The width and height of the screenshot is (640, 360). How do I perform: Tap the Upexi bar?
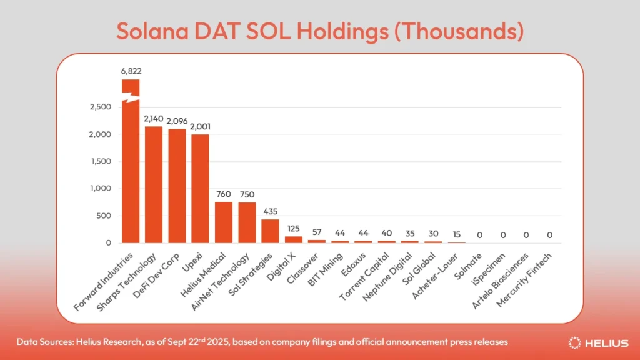coord(200,188)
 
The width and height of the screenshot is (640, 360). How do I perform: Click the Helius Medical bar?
coord(224,222)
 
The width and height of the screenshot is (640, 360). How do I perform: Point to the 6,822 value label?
coord(131,71)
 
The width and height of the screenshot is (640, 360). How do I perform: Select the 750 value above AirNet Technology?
coord(247,194)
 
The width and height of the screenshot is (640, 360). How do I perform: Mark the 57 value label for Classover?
coord(316,232)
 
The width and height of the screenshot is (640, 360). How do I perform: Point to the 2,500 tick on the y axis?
coord(99,107)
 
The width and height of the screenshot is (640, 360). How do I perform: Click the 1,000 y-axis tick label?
coord(99,189)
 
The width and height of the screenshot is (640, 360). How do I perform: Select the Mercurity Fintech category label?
coord(525,278)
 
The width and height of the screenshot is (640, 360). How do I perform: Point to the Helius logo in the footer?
coord(600,342)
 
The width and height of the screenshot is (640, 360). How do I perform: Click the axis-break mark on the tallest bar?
coord(131,97)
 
